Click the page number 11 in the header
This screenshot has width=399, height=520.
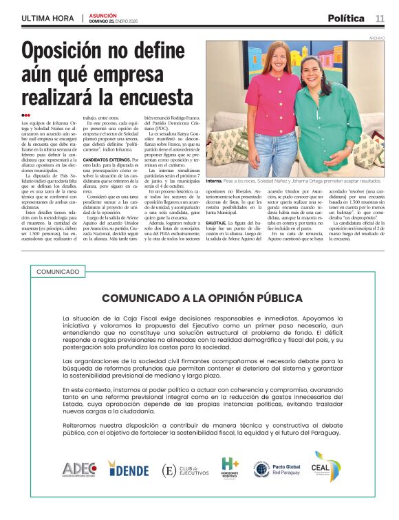380,19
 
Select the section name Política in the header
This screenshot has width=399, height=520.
345,19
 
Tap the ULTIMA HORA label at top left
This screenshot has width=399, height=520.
48,19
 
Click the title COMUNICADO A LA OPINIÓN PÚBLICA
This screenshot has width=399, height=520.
202,298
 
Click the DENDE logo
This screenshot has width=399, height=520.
129,470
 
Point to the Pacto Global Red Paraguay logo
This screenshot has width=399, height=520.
279,470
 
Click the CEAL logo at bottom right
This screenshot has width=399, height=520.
326,468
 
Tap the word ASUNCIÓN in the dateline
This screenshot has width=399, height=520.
103,15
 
